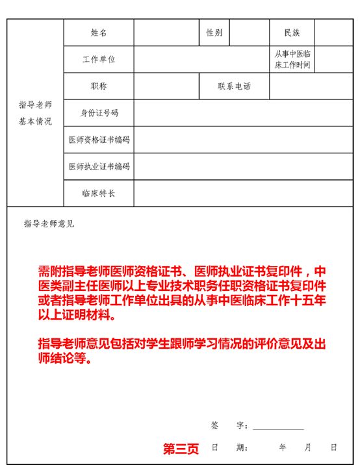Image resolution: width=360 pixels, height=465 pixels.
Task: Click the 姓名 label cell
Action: [x=99, y=32]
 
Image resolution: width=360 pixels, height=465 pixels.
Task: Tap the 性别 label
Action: [x=214, y=32]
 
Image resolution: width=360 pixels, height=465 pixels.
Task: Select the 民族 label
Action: [x=292, y=32]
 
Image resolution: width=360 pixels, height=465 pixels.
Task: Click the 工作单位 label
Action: [x=99, y=60]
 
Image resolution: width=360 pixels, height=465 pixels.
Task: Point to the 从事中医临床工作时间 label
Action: [x=292, y=60]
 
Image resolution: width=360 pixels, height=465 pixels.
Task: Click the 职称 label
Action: [x=99, y=86]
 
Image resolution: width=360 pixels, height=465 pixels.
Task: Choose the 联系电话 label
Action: [x=234, y=86]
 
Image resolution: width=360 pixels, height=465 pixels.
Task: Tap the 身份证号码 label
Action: [x=99, y=113]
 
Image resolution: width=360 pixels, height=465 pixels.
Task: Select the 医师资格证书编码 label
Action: [x=99, y=140]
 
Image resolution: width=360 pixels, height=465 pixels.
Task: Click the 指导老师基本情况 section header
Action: [x=35, y=113]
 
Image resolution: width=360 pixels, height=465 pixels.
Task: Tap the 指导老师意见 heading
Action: [x=49, y=224]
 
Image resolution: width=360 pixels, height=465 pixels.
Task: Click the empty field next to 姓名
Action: [x=166, y=32]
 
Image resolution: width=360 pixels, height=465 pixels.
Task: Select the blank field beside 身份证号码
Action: [x=244, y=113]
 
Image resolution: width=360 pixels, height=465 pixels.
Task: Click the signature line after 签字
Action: [x=278, y=427]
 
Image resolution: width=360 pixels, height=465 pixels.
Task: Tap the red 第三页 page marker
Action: [x=181, y=449]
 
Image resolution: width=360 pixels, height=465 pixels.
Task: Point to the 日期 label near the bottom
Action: [x=229, y=447]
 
